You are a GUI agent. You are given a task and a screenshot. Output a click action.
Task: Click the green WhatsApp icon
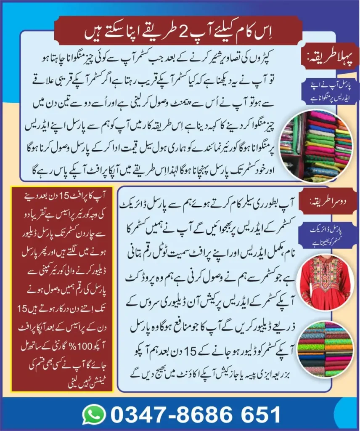pyautogui.click(x=94, y=415)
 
